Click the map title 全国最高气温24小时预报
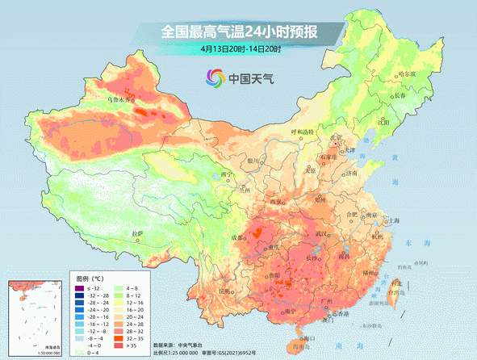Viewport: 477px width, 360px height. click(x=240, y=32)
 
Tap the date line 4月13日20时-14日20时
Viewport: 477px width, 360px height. click(x=241, y=49)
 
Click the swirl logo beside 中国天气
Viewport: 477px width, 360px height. click(x=214, y=78)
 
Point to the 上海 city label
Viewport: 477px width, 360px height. click(x=395, y=220)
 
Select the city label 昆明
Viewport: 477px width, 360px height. click(x=228, y=291)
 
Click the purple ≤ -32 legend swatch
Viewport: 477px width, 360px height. click(x=79, y=288)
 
